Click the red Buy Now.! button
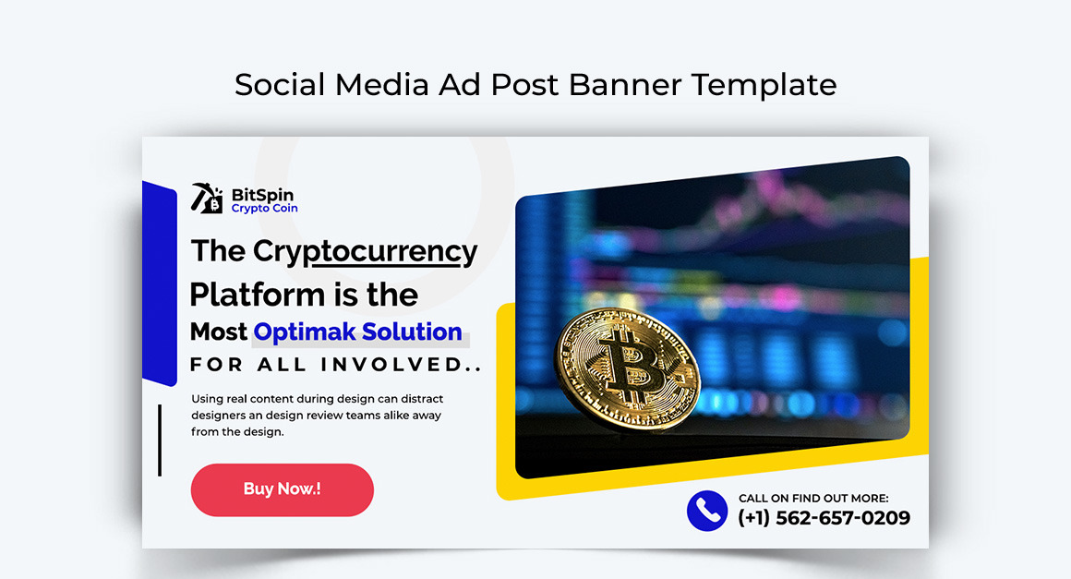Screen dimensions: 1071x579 pos(283,489)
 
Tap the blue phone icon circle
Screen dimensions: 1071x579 pos(707,511)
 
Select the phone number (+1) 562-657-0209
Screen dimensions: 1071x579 pos(824,518)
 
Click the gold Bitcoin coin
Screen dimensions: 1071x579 pos(626,368)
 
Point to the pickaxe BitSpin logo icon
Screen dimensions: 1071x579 pos(207,198)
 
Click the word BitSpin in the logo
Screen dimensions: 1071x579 pos(262,195)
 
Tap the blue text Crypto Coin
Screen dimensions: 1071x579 pos(264,209)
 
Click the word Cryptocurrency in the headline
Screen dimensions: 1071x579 pos(365,251)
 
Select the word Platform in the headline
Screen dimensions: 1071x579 pos(257,295)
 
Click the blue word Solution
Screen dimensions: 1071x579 pos(412,332)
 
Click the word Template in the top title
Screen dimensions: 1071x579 pos(764,85)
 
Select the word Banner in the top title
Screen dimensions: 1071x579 pos(625,85)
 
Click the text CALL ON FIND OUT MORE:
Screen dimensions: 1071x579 pos(813,499)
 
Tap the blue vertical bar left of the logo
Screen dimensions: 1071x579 pos(160,283)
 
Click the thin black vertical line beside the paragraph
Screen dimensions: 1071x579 pos(160,440)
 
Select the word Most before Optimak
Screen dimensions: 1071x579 pos(219,332)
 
